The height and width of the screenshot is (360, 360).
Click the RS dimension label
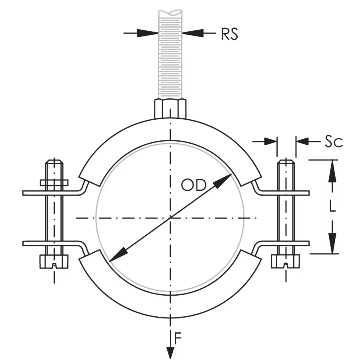(x=230, y=34)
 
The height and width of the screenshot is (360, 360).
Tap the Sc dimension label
(x=333, y=141)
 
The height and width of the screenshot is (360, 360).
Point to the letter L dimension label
(x=332, y=206)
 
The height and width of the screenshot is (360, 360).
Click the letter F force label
(x=178, y=339)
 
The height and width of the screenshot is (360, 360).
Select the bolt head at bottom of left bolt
(x=54, y=262)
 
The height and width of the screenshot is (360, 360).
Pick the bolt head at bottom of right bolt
(x=286, y=262)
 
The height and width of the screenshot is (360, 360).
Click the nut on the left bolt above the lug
(x=54, y=182)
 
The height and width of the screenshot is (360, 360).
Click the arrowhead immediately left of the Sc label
(x=302, y=141)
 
